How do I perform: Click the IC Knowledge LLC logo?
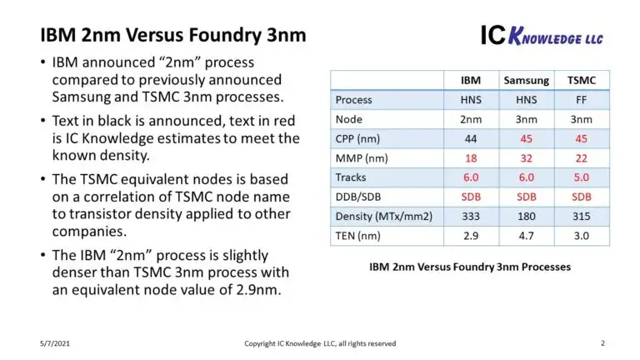coord(542,34)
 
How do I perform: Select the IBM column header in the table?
coord(471,80)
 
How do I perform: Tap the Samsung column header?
coord(526,80)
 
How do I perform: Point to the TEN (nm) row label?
coord(358,235)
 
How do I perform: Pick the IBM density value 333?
coord(471,216)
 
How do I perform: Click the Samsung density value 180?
coord(526,216)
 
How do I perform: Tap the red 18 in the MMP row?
coord(471,157)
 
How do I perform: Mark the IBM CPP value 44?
coord(471,138)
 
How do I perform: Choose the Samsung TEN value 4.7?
coord(526,235)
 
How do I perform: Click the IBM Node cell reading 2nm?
coord(471,119)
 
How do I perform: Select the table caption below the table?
coord(470,267)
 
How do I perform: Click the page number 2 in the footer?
coord(602,343)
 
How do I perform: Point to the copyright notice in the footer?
coord(320,343)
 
